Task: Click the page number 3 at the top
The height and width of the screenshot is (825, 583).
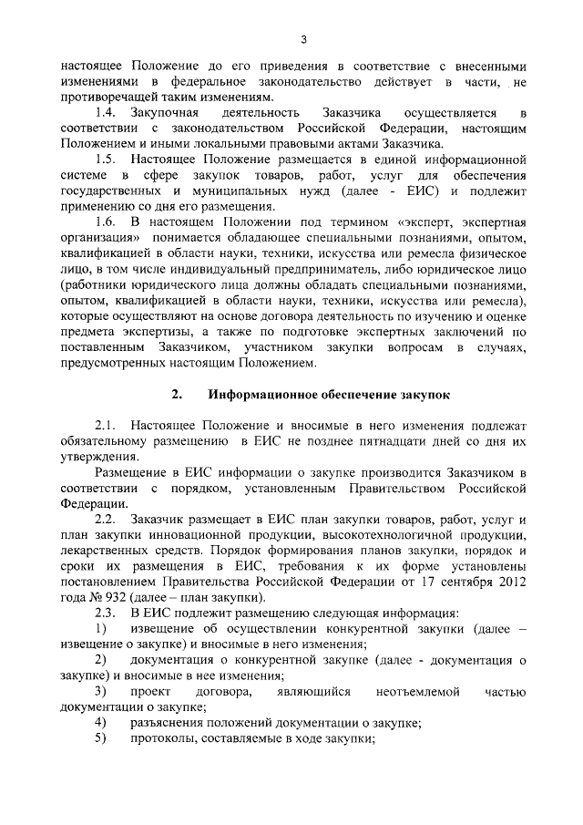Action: pyautogui.click(x=303, y=37)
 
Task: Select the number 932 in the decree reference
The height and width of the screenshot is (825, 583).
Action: pyautogui.click(x=131, y=597)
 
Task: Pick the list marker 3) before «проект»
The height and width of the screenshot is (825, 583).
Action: pyautogui.click(x=101, y=692)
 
